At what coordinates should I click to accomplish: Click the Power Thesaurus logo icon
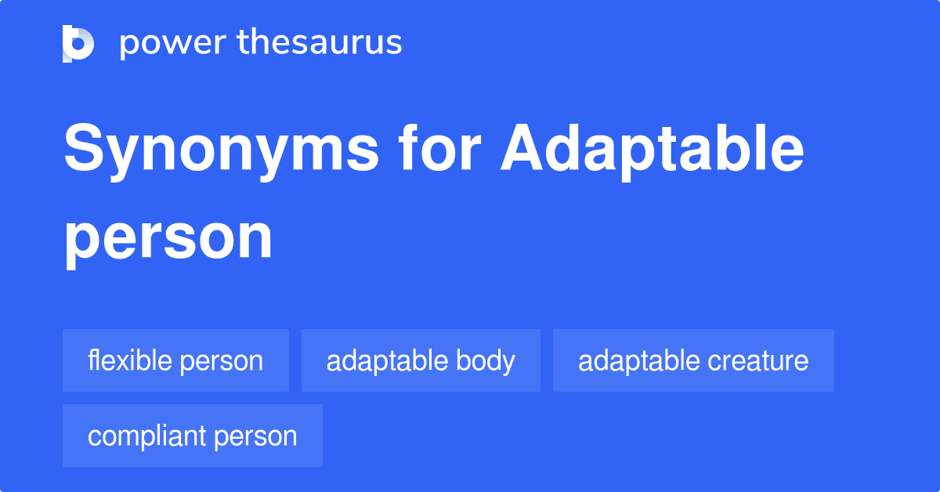tap(78, 43)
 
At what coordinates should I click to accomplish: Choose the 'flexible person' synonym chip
tap(175, 360)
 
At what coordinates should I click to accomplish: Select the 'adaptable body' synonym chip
tap(421, 360)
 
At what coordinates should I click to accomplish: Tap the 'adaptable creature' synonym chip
tap(693, 360)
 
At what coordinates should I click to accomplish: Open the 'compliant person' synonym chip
tap(193, 436)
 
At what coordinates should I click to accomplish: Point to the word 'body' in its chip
tap(490, 360)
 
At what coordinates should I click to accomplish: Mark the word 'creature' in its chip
tap(757, 360)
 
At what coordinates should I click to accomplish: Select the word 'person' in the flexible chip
tap(222, 361)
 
